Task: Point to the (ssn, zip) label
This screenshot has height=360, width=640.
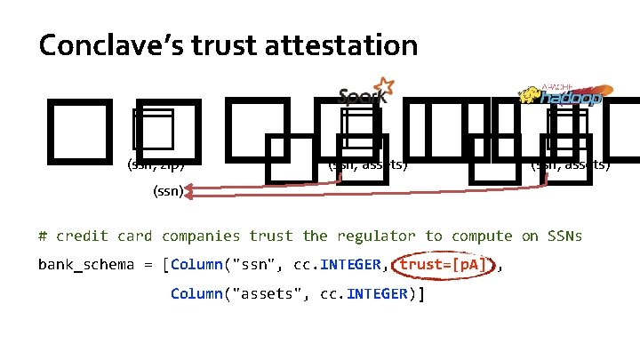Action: coord(157,164)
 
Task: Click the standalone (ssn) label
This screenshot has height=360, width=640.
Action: coord(168,190)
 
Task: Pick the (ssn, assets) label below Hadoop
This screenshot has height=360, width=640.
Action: coord(570,164)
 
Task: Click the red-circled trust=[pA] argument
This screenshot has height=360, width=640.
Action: coord(436,265)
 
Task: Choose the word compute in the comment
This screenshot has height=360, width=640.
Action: coord(481,236)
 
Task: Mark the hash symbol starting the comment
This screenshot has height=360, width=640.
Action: coord(43,236)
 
